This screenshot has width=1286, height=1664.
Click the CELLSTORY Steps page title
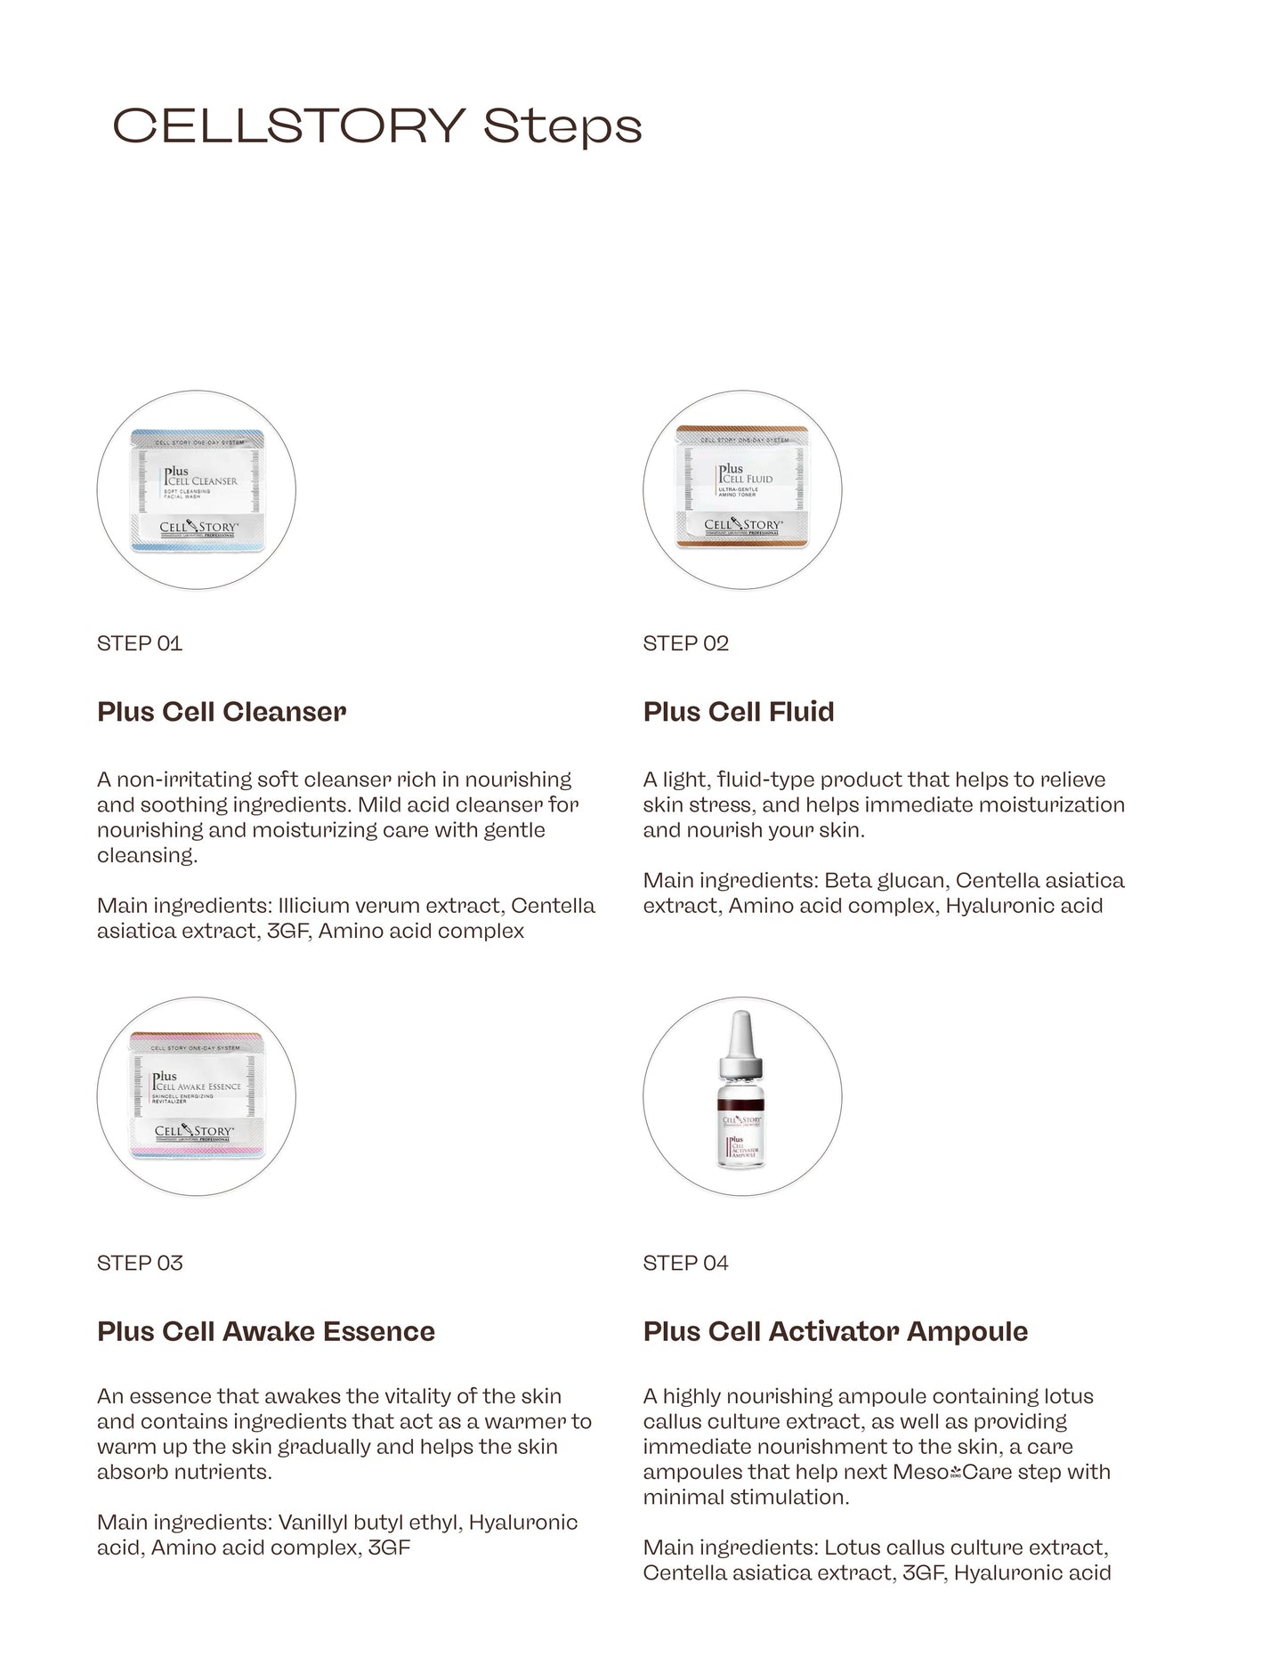coord(376,125)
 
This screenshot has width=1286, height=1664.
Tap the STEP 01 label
coord(140,643)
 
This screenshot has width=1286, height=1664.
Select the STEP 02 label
coord(686,643)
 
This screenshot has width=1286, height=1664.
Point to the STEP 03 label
coord(140,1263)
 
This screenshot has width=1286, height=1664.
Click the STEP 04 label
coord(686,1263)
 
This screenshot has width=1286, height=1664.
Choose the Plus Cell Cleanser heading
coord(222,712)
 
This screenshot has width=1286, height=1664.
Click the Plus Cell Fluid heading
coord(739,712)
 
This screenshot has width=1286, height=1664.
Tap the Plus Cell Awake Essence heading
coord(266,1331)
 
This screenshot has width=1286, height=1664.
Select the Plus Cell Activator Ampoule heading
coord(836,1331)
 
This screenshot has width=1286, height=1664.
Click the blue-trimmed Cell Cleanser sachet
coord(197,490)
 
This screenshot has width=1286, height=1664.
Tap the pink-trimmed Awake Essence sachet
coord(197,1095)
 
